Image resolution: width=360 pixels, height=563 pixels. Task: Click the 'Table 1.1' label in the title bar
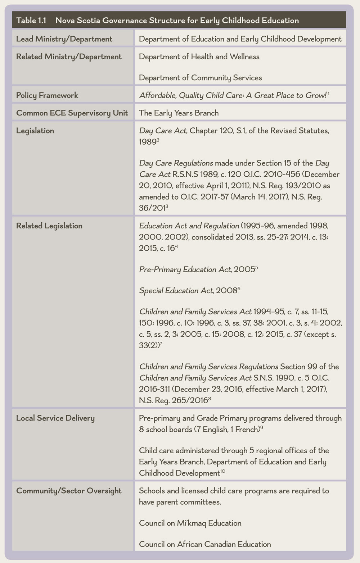click(x=31, y=21)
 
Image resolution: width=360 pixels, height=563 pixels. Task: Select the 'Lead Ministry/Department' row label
click(x=64, y=39)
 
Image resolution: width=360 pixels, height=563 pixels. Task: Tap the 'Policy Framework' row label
click(x=47, y=95)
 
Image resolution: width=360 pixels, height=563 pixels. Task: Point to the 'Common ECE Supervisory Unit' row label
click(x=72, y=113)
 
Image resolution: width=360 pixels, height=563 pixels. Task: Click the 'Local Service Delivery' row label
click(x=55, y=418)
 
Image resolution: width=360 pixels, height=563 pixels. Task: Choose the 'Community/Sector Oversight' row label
click(x=69, y=491)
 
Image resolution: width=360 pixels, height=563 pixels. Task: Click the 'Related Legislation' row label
click(x=49, y=226)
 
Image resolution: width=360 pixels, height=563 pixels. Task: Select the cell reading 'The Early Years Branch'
click(x=179, y=113)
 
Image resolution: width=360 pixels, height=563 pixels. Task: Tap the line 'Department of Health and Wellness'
click(x=199, y=57)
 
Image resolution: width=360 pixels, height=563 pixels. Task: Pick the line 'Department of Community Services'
click(x=201, y=78)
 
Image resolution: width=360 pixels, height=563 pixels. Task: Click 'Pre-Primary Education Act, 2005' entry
click(x=197, y=269)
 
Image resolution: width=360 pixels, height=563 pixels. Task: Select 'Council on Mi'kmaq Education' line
click(x=190, y=523)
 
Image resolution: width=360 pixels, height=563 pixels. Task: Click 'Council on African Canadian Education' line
click(x=205, y=544)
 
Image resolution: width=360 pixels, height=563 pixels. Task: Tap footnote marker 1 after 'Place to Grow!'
click(x=329, y=94)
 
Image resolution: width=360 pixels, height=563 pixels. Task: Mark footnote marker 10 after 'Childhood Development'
click(x=223, y=471)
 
